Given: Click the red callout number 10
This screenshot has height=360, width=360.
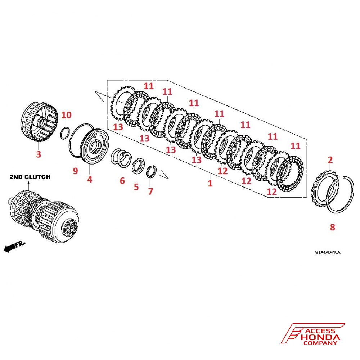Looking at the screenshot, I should (x=67, y=115).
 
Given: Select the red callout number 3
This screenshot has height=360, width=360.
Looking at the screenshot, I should (x=38, y=154).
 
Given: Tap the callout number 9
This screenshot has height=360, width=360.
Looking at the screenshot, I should (x=75, y=170).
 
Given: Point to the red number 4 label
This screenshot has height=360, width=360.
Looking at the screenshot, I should (x=89, y=179).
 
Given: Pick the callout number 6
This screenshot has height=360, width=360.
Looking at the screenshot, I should (x=122, y=180).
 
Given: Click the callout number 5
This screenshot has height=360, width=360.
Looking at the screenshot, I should (x=136, y=186).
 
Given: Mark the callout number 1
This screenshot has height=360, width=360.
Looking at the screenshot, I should (x=210, y=183).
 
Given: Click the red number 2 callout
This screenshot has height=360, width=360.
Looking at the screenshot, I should (x=330, y=159).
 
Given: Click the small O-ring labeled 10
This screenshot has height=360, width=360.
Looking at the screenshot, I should (x=64, y=133).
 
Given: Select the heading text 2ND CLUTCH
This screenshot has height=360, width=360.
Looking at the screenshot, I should (x=30, y=177).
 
